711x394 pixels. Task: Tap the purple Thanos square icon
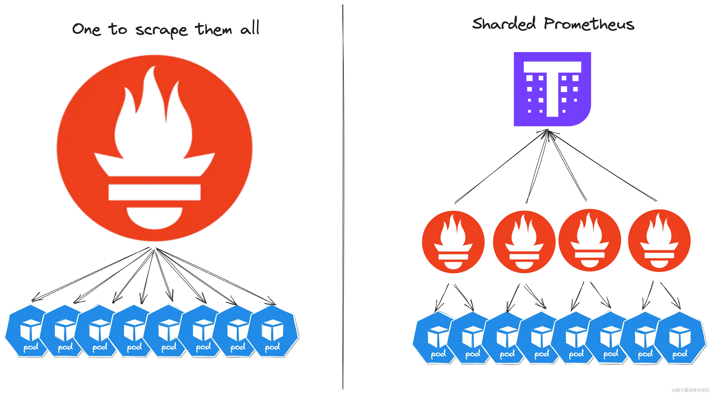(552, 89)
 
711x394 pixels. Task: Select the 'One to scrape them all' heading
(166, 30)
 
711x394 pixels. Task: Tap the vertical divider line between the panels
(342, 193)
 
